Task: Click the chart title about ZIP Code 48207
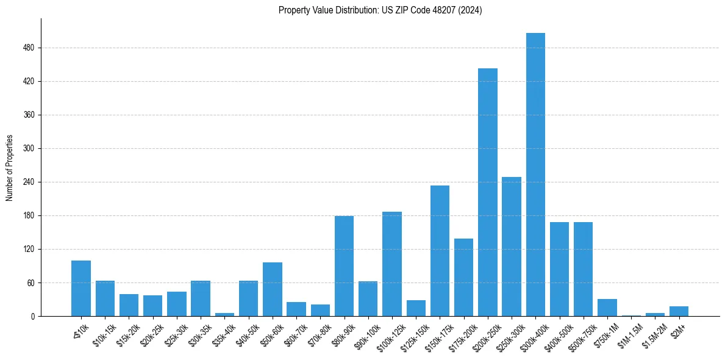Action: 380,10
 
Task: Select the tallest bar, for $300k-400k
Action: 535,175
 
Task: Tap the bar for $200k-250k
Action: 488,192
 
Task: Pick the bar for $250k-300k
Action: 512,247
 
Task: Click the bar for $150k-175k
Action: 440,251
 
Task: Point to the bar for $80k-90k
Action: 344,266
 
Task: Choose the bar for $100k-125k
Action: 392,264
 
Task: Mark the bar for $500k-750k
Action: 583,269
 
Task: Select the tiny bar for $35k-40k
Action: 224,314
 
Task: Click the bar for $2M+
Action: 679,311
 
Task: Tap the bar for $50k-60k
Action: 273,289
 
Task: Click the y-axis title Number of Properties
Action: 10,168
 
